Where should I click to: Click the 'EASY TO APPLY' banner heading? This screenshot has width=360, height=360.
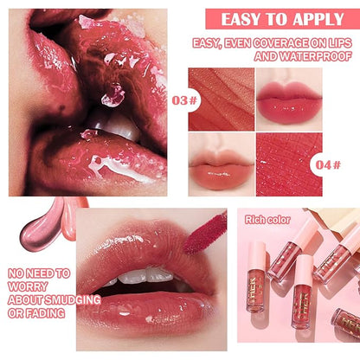tap(293, 19)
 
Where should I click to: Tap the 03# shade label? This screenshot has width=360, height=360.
tap(178, 100)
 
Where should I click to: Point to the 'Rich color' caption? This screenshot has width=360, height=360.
tap(267, 218)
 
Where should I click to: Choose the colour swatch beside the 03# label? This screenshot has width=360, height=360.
tap(222, 100)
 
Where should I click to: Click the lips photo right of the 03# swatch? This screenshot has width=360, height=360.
tap(290, 100)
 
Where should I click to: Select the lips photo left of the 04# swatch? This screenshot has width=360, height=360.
tap(222, 164)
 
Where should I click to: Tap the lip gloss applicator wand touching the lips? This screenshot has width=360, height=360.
tap(206, 232)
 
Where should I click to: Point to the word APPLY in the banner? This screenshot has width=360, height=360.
tap(325, 19)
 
